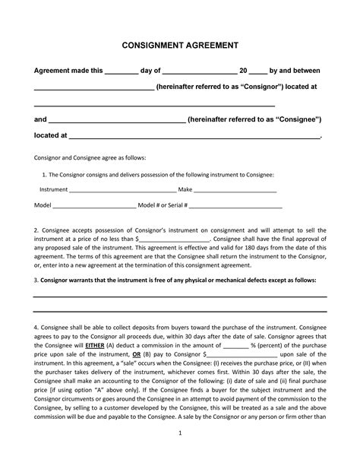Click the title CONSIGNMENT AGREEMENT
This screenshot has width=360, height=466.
pyautogui.click(x=179, y=46)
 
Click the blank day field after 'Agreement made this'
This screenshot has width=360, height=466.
pyautogui.click(x=120, y=71)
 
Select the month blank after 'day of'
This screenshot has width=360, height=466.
pyautogui.click(x=201, y=71)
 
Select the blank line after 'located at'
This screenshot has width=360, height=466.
pyautogui.click(x=195, y=137)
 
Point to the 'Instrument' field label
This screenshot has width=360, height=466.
pyautogui.click(x=53, y=189)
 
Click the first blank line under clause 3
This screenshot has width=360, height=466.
pyautogui.click(x=179, y=295)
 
